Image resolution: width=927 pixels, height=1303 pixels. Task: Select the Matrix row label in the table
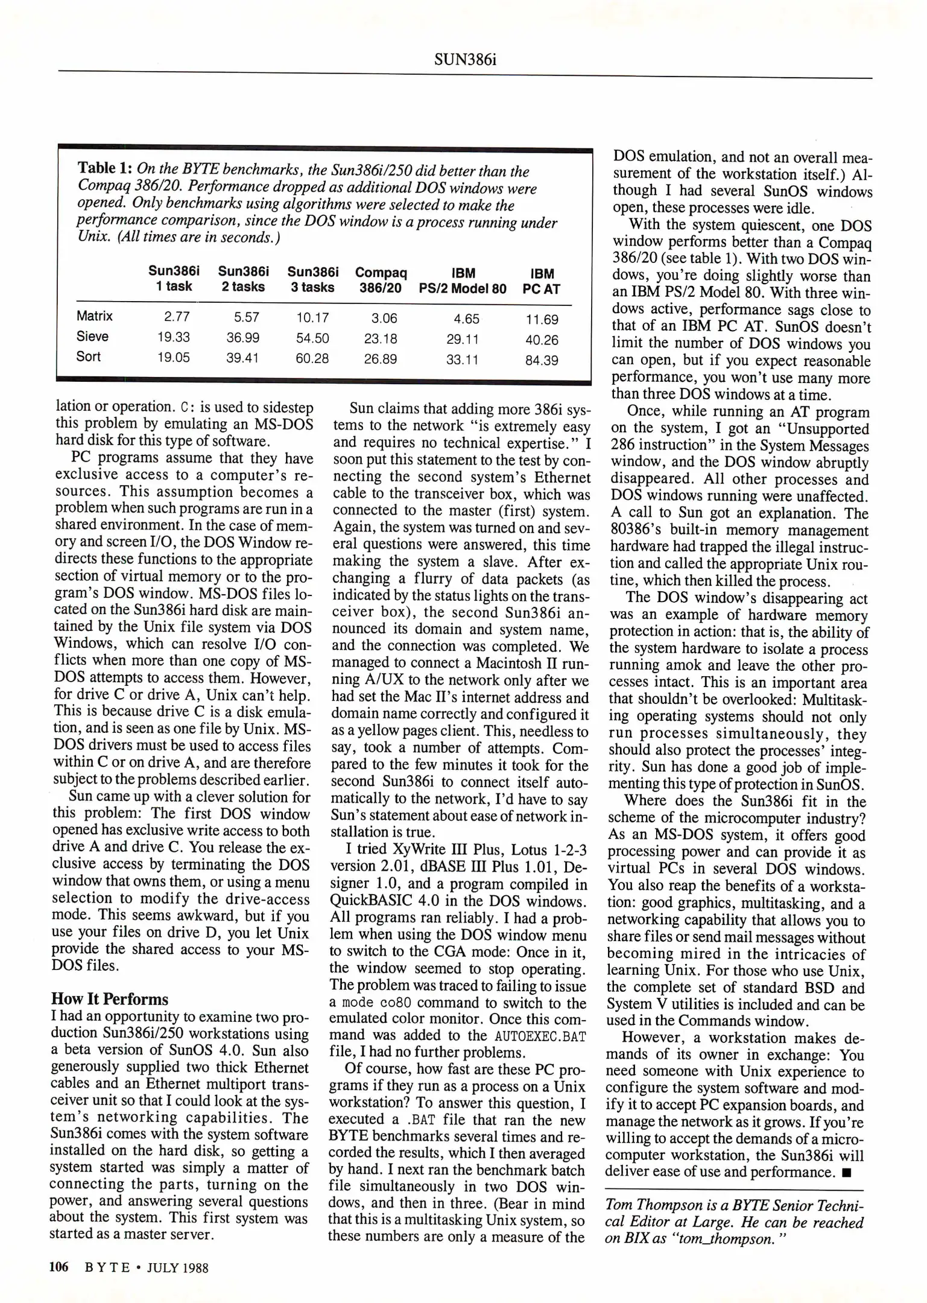coord(94,316)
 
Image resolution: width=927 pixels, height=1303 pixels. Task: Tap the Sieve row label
coord(92,337)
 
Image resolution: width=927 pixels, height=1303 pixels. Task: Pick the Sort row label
coord(88,357)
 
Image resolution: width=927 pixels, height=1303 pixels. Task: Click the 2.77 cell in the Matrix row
coord(177,317)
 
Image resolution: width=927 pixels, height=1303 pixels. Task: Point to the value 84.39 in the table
coord(542,361)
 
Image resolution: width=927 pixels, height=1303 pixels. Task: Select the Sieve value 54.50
coord(312,338)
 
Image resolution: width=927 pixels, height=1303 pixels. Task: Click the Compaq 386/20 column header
coord(381,281)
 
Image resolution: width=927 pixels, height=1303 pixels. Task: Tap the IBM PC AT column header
coord(542,282)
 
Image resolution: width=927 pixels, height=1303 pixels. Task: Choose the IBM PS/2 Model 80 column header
coord(463,282)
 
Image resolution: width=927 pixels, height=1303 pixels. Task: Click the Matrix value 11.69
coord(542,320)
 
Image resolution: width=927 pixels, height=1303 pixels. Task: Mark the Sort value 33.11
coord(462,360)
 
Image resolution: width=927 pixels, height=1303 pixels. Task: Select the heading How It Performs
coord(109,999)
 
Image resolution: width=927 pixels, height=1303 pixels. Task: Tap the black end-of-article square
coord(846,1173)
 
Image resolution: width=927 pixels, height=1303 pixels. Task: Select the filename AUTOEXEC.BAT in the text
coord(540,1036)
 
